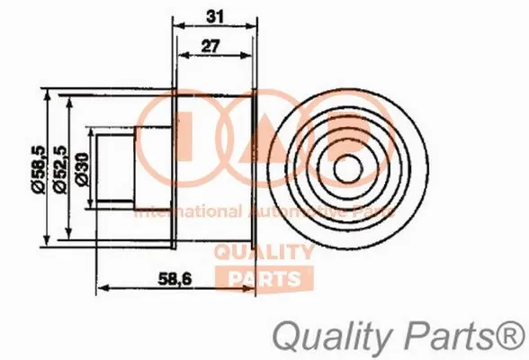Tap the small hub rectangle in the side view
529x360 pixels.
(116, 167)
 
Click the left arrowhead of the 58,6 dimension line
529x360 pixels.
(98, 289)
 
